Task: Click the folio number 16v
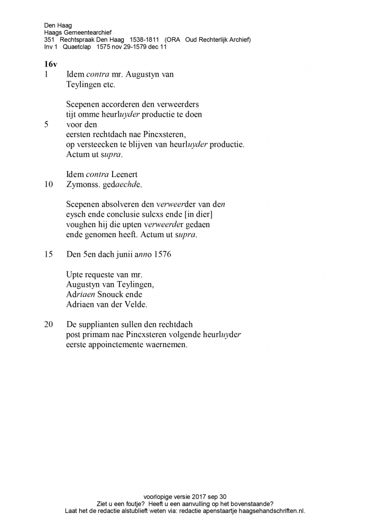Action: (x=51, y=64)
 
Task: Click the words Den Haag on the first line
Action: (x=58, y=25)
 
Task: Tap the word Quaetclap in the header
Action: (x=77, y=47)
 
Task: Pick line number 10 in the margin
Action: (x=49, y=185)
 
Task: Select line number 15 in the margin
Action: (x=49, y=254)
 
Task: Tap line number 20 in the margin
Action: (x=49, y=324)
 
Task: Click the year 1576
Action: (x=162, y=254)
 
